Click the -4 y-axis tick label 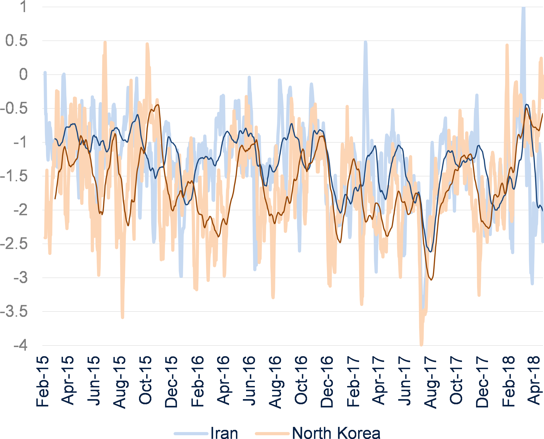20,345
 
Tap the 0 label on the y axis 23,75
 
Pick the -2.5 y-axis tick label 14,244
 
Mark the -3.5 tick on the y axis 14,312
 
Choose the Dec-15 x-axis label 171,382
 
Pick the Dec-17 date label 482,382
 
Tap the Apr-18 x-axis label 534,382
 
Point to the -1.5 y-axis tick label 14,176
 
